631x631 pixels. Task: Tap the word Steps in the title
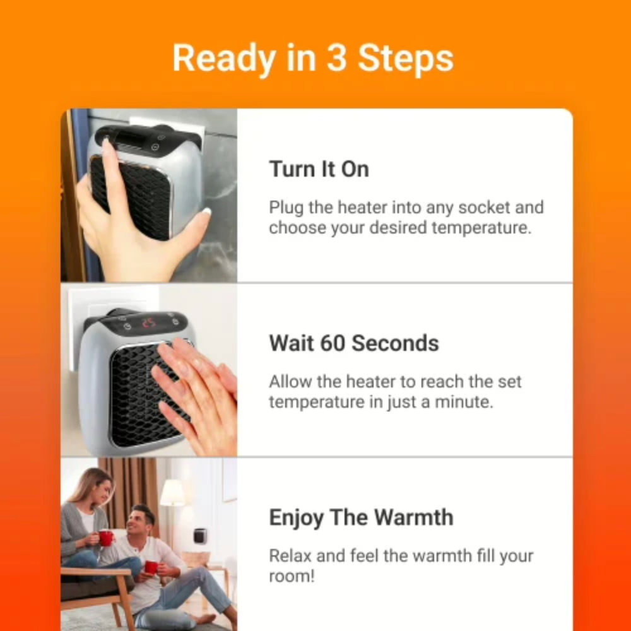pos(406,59)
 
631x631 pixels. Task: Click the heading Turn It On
pos(319,169)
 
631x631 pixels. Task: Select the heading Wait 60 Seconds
pos(353,343)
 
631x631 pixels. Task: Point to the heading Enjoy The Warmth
pos(361,517)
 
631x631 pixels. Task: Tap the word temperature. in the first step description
pos(481,228)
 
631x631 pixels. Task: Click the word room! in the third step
pos(292,576)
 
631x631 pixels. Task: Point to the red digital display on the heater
pos(149,323)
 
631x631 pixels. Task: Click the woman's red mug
pos(105,538)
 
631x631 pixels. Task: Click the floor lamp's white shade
pos(172,493)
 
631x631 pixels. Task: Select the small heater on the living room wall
pos(200,536)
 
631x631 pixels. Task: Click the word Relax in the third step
pos(288,556)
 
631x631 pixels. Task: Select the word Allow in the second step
pos(288,382)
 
